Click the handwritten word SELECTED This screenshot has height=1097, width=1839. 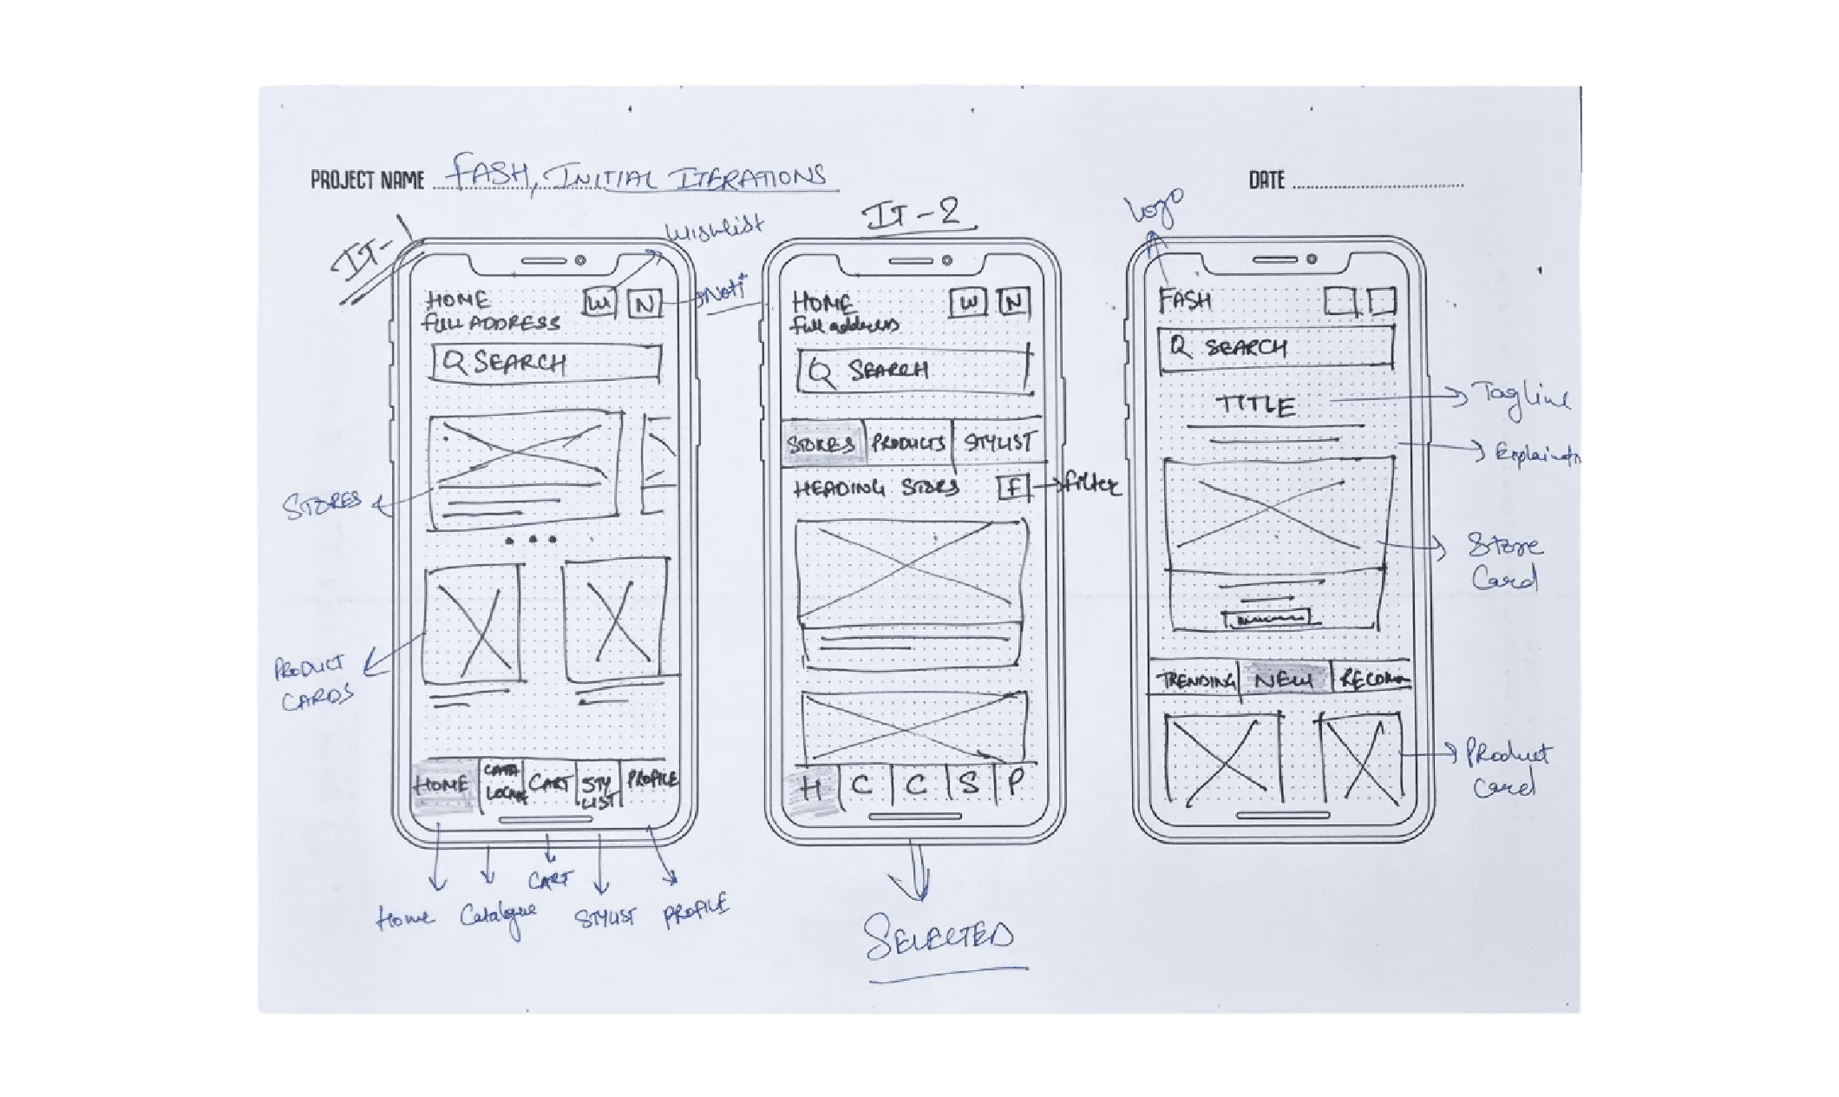[x=939, y=937]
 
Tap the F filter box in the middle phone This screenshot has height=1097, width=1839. [x=1012, y=487]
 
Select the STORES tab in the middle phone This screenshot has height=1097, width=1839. [x=821, y=443]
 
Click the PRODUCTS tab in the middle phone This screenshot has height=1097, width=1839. [x=908, y=443]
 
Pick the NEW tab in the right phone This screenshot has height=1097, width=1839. [x=1284, y=680]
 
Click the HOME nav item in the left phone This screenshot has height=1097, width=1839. [x=442, y=785]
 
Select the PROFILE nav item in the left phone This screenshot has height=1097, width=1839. [x=652, y=778]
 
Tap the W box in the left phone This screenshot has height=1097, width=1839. [x=599, y=303]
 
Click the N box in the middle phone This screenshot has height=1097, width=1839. [x=1013, y=302]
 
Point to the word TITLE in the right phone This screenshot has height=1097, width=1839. [x=1256, y=405]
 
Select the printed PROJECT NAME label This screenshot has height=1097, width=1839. [x=367, y=180]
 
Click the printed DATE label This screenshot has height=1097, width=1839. [x=1266, y=180]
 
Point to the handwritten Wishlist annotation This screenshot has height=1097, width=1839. [x=714, y=229]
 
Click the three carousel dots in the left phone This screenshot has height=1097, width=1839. [x=531, y=540]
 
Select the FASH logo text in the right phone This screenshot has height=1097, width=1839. [x=1185, y=300]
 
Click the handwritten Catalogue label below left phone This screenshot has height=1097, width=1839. [x=498, y=916]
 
